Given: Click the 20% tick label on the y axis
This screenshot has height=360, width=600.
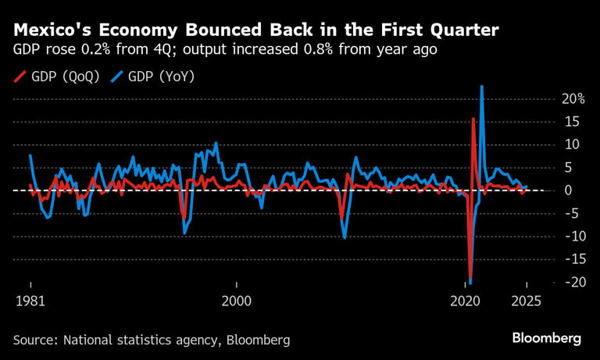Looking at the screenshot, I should click(x=571, y=99).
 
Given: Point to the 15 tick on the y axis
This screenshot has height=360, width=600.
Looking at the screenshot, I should click(x=574, y=122).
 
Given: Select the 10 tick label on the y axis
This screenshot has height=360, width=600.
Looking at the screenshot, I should click(x=574, y=144).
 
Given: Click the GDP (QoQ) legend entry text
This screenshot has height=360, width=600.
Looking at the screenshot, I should click(x=66, y=77).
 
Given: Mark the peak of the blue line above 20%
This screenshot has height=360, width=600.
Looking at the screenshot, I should click(x=481, y=87).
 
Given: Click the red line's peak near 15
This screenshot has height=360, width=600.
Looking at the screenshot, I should click(x=473, y=119).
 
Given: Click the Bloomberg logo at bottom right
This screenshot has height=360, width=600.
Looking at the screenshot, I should click(x=547, y=339).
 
